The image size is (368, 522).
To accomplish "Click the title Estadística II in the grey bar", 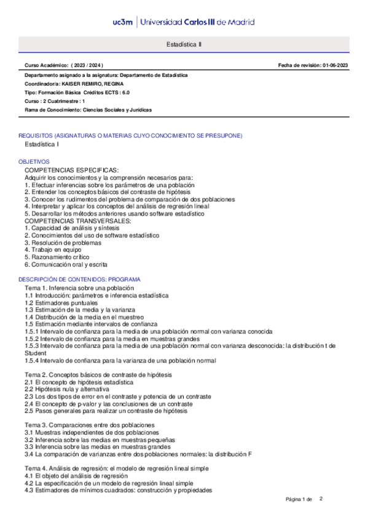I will click(x=184, y=45).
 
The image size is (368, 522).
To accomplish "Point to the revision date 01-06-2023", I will click(x=335, y=65).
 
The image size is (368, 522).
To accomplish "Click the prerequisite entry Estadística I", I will click(x=42, y=145).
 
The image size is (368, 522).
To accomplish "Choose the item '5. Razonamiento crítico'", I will click(x=57, y=257).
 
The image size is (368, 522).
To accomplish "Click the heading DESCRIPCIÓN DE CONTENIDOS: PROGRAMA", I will click(x=80, y=279).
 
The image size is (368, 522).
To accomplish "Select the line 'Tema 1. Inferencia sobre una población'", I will click(x=79, y=288).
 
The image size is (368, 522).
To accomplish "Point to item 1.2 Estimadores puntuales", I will click(x=61, y=303).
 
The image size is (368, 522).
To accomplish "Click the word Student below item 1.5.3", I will click(x=35, y=353).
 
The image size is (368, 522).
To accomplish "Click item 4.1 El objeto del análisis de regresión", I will click(x=76, y=476).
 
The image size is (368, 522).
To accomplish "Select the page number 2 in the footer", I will click(x=321, y=499).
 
